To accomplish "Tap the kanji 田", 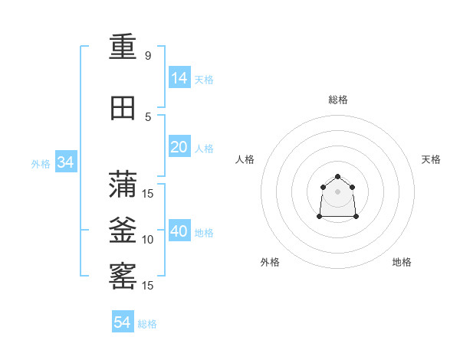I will (123, 108).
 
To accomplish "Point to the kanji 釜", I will (123, 231).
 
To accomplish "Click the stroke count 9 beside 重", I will (148, 55).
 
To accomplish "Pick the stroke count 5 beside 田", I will (148, 116).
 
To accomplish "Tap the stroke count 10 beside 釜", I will (148, 239).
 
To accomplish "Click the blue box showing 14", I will (179, 77).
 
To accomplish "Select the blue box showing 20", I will (179, 147).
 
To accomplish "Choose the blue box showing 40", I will (179, 231).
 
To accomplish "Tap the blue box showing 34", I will (65, 162).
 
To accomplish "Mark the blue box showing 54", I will (123, 322).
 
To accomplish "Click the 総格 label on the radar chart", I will (338, 100).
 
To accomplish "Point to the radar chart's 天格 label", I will (431, 159).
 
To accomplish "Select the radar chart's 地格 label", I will (402, 262).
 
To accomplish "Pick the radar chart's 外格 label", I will (270, 262).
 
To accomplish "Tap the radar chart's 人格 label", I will (245, 159).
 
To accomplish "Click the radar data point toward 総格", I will (337, 177).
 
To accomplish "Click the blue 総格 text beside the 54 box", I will (147, 324).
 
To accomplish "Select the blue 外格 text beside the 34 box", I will (41, 163).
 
